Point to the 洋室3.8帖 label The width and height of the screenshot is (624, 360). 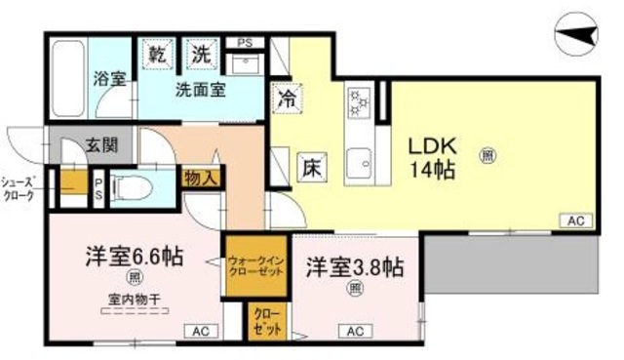click(354, 266)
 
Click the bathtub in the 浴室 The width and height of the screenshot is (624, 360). click(67, 67)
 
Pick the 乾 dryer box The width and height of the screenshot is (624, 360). click(156, 56)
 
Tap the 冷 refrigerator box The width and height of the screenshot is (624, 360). click(287, 98)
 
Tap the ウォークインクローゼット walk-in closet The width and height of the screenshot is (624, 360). click(256, 265)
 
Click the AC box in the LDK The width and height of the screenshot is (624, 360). click(576, 221)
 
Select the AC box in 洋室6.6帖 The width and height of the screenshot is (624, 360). click(200, 331)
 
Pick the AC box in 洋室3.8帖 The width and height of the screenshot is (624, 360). click(356, 331)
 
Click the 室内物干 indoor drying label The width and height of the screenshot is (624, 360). click(133, 302)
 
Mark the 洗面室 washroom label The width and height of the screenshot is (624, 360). click(201, 91)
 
